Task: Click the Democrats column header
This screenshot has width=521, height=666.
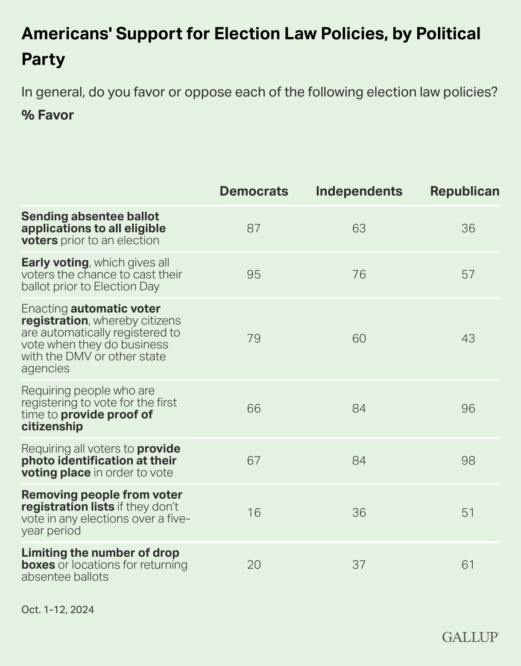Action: point(254,191)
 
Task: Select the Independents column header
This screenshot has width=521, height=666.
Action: point(359,191)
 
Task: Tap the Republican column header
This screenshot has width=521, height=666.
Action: point(465,191)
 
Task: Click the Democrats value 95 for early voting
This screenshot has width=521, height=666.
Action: point(254,274)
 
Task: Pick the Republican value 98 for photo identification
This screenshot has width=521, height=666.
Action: point(468,461)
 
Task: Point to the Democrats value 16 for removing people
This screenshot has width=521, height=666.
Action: point(254,513)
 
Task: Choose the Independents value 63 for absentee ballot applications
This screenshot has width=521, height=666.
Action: point(359,228)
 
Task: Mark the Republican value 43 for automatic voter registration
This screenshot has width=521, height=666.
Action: point(468,339)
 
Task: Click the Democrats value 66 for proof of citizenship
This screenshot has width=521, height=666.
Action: point(254,409)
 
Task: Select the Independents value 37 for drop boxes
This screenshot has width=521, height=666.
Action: point(359,565)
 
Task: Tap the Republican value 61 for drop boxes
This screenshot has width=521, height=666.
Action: point(468,565)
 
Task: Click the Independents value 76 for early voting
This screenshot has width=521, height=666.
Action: point(359,274)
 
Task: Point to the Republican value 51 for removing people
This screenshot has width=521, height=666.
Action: point(468,513)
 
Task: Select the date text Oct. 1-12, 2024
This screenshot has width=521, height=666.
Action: point(58,610)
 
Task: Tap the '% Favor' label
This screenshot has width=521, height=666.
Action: point(47,115)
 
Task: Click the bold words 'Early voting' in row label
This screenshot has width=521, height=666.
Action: point(55,262)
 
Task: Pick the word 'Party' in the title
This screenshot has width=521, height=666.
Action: point(43,59)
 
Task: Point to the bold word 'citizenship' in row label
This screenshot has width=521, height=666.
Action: point(52,426)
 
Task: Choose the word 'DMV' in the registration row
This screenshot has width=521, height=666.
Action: point(79,356)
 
